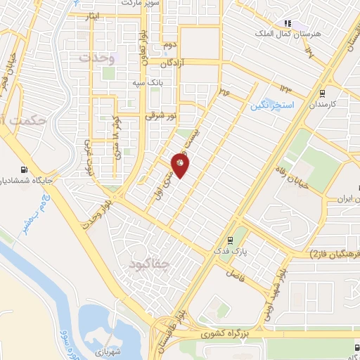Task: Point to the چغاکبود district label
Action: coord(150,264)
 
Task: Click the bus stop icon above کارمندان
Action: coord(321,92)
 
